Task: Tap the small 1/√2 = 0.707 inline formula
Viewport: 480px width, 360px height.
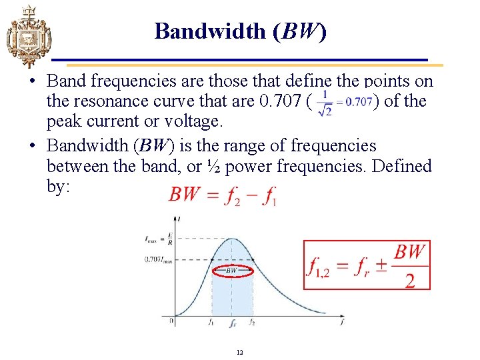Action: click(x=345, y=102)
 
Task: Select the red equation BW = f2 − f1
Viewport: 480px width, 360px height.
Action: click(x=223, y=195)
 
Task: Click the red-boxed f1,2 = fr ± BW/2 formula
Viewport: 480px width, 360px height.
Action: click(x=367, y=265)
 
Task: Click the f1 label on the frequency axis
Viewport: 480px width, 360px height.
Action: click(x=211, y=322)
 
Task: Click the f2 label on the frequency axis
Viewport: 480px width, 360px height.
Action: click(x=252, y=322)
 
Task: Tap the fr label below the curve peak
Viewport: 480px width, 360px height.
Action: click(x=231, y=325)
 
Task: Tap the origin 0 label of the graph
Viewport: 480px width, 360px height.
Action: click(x=171, y=321)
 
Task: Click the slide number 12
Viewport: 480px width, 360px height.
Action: click(x=239, y=351)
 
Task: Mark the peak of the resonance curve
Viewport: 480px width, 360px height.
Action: click(x=231, y=238)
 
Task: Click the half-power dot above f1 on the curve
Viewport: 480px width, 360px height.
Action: click(x=212, y=260)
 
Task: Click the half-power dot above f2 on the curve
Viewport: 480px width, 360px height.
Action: click(x=253, y=260)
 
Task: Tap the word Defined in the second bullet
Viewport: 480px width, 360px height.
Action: click(x=399, y=166)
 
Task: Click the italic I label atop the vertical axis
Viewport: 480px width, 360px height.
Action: click(x=179, y=219)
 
